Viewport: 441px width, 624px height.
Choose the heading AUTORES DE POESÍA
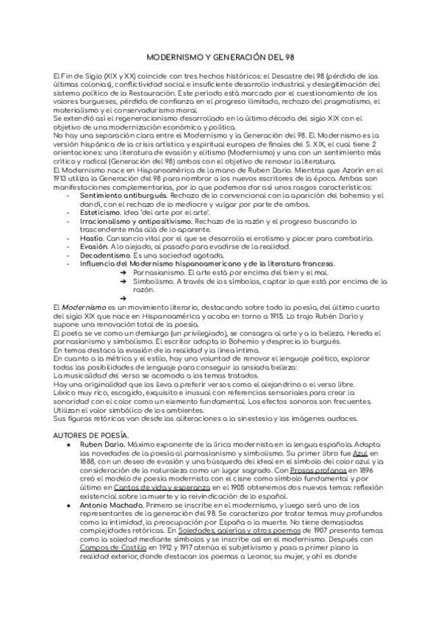click(91, 436)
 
